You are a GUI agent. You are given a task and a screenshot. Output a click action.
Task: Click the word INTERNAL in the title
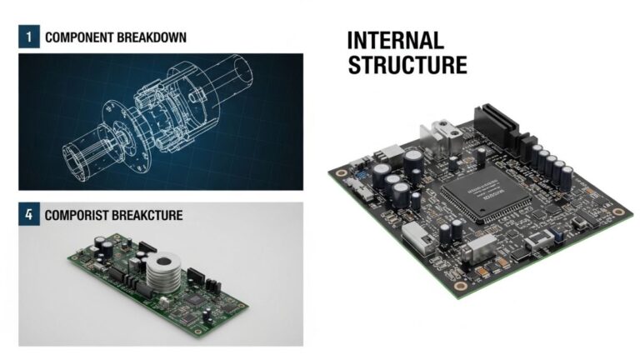pyautogui.click(x=396, y=40)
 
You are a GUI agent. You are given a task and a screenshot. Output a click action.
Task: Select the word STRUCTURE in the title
pyautogui.click(x=407, y=66)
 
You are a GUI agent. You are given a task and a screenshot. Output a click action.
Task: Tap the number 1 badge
pyautogui.click(x=28, y=37)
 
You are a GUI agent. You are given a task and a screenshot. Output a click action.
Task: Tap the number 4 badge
pyautogui.click(x=28, y=215)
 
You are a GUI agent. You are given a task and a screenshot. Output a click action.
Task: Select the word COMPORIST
pyautogui.click(x=80, y=216)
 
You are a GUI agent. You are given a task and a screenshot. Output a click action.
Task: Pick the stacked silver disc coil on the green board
pyautogui.click(x=163, y=276)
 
